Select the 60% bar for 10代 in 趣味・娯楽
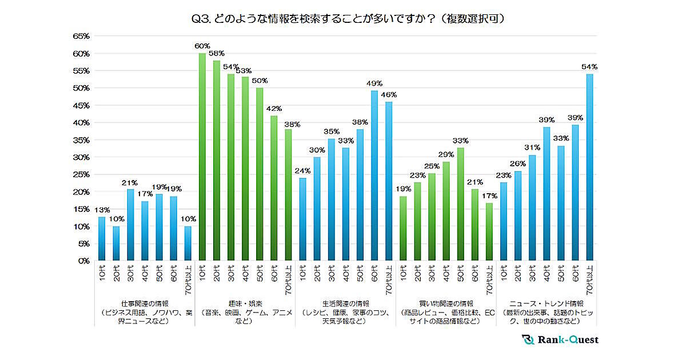click(202, 157)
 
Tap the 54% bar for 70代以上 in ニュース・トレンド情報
click(589, 167)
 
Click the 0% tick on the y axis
click(83, 261)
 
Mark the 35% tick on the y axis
click(81, 140)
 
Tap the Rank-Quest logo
click(560, 339)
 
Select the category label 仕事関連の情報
click(144, 303)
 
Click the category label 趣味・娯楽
click(245, 303)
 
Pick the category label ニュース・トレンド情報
click(547, 303)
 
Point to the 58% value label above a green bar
click(217, 53)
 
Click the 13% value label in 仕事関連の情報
click(101, 210)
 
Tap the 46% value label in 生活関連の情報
click(389, 94)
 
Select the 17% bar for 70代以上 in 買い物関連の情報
click(489, 231)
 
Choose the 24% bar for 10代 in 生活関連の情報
click(303, 219)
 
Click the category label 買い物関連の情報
click(446, 303)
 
